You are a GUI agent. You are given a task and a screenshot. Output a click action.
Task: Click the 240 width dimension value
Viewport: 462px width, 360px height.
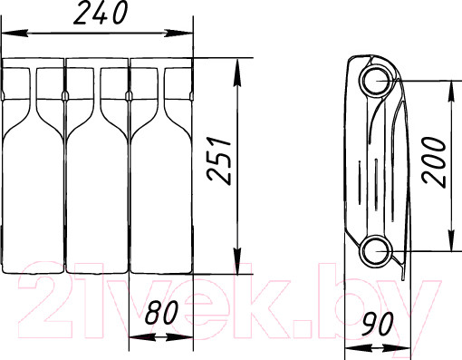click(101, 13)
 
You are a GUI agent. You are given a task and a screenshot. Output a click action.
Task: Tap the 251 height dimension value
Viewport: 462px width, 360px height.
click(219, 161)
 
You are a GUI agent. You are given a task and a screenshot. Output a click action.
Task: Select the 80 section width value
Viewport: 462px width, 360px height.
click(161, 313)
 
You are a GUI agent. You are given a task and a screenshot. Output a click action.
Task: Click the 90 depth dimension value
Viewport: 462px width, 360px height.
click(378, 325)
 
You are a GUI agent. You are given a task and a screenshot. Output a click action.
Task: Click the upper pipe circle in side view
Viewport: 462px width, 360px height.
click(376, 81)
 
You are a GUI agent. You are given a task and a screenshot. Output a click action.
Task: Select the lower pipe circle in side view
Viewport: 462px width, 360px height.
click(376, 251)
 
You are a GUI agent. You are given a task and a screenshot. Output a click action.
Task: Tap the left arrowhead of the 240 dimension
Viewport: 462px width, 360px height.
click(14, 33)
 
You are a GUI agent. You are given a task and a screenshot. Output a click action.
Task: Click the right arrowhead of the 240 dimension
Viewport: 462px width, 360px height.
click(179, 33)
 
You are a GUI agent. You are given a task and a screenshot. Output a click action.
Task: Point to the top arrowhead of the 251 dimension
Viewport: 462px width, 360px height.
click(237, 72)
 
